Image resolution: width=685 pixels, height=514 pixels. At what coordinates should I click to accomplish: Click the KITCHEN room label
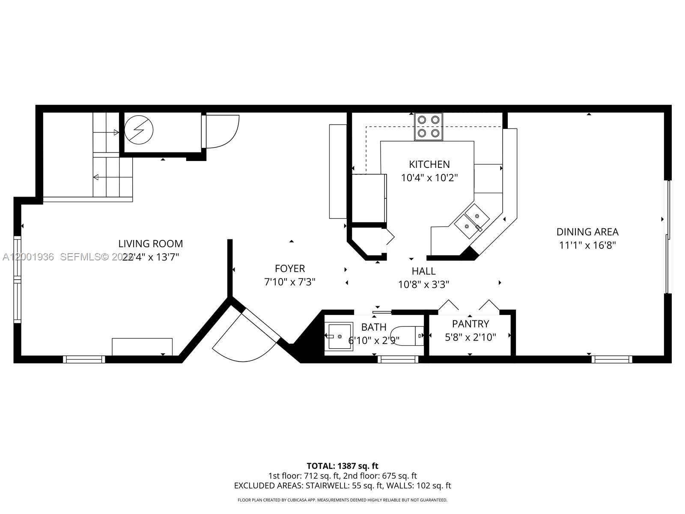pos(429,164)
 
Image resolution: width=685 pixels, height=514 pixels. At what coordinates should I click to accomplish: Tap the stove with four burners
pos(428,126)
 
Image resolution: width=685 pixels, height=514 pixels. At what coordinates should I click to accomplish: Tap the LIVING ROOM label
pos(150,244)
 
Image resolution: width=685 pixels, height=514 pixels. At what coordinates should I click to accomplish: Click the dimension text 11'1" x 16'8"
pos(587,245)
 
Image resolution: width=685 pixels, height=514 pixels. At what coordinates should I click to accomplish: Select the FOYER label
pos(290,269)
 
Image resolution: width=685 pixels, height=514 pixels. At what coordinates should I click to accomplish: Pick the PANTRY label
pos(470,324)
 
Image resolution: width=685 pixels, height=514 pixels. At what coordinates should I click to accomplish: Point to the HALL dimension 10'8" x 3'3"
pos(423,284)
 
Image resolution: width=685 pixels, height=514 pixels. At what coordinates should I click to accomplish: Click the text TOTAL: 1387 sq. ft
pos(342,466)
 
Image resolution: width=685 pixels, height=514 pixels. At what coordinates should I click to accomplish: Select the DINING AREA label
pos(587,232)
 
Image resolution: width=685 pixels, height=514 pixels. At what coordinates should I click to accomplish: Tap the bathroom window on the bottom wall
pos(398,359)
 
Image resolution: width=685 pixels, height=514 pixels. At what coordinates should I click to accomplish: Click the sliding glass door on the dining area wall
pos(667,237)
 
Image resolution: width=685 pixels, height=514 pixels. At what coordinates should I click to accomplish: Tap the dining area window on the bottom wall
pos(611,359)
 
